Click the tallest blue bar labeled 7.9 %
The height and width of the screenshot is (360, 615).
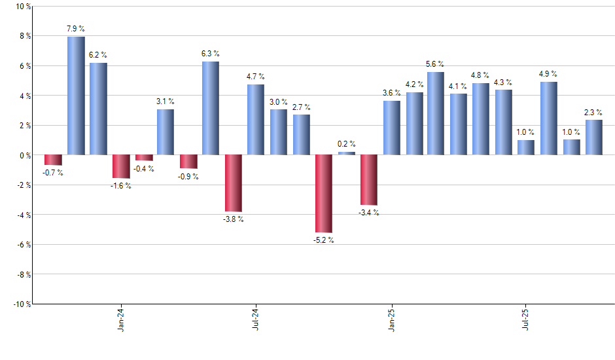click(76, 96)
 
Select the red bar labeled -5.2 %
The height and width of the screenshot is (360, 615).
click(324, 194)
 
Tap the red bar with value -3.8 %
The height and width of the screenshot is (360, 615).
click(234, 183)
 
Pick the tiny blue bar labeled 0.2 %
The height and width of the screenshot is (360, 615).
click(347, 153)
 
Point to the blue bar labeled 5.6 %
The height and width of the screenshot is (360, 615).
click(436, 113)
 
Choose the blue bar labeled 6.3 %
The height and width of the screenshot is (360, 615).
click(211, 108)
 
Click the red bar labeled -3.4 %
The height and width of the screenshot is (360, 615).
click(369, 180)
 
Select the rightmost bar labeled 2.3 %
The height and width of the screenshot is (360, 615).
click(594, 137)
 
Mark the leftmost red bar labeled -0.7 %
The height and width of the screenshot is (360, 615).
click(53, 160)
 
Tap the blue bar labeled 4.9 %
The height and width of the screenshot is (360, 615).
click(549, 118)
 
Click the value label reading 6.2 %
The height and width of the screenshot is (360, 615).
click(98, 54)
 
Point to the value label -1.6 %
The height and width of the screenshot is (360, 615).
click(121, 186)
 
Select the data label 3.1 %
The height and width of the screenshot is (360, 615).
click(166, 101)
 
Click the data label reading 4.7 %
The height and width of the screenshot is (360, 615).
click(256, 76)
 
